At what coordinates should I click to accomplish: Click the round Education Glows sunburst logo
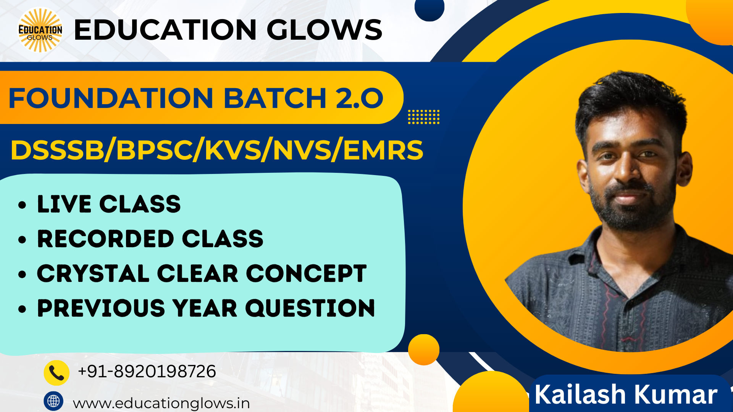point(40,30)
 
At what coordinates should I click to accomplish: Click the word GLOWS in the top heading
point(324,30)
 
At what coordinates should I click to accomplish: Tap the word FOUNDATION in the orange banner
point(111,98)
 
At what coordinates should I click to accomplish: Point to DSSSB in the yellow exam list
point(57,150)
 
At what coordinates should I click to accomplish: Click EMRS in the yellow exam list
point(383,150)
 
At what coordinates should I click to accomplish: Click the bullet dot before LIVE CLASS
point(22,205)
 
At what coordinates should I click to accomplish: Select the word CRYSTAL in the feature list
point(93,274)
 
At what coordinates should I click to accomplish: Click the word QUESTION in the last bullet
point(310,308)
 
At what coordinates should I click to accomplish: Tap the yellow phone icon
point(57,373)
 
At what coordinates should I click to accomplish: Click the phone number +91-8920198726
point(147,371)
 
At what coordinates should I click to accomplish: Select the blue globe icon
point(53,401)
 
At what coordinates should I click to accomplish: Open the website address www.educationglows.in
point(161,403)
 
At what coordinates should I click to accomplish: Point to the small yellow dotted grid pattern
point(424,117)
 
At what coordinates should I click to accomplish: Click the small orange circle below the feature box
point(424,350)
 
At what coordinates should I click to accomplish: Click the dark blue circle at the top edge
point(429,8)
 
